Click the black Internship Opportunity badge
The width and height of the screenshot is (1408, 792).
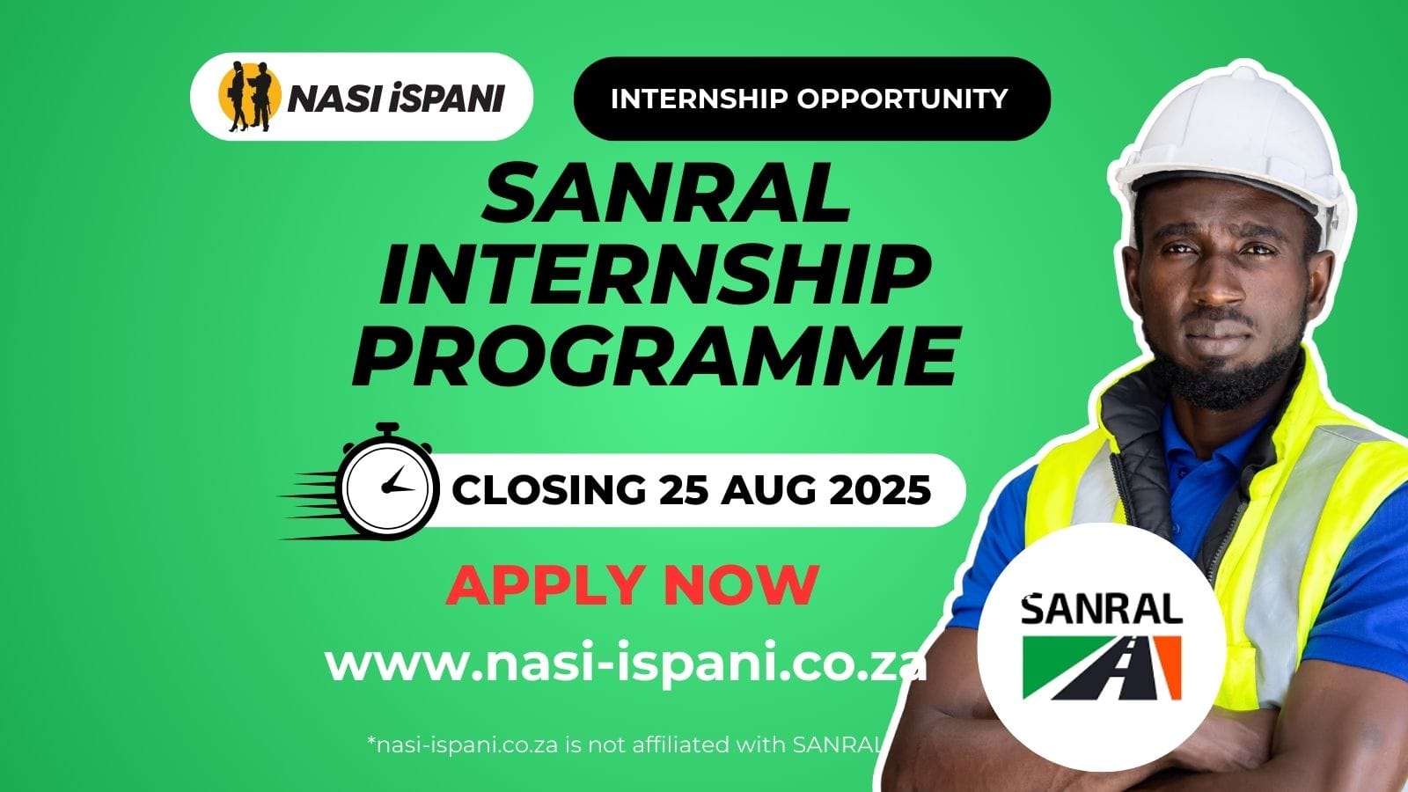[811, 99]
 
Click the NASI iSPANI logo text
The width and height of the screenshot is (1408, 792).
[395, 98]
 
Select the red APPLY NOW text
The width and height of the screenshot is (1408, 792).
[632, 583]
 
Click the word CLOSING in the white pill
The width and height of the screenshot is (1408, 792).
[549, 490]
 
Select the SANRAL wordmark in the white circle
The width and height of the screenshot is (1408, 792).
[1101, 609]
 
